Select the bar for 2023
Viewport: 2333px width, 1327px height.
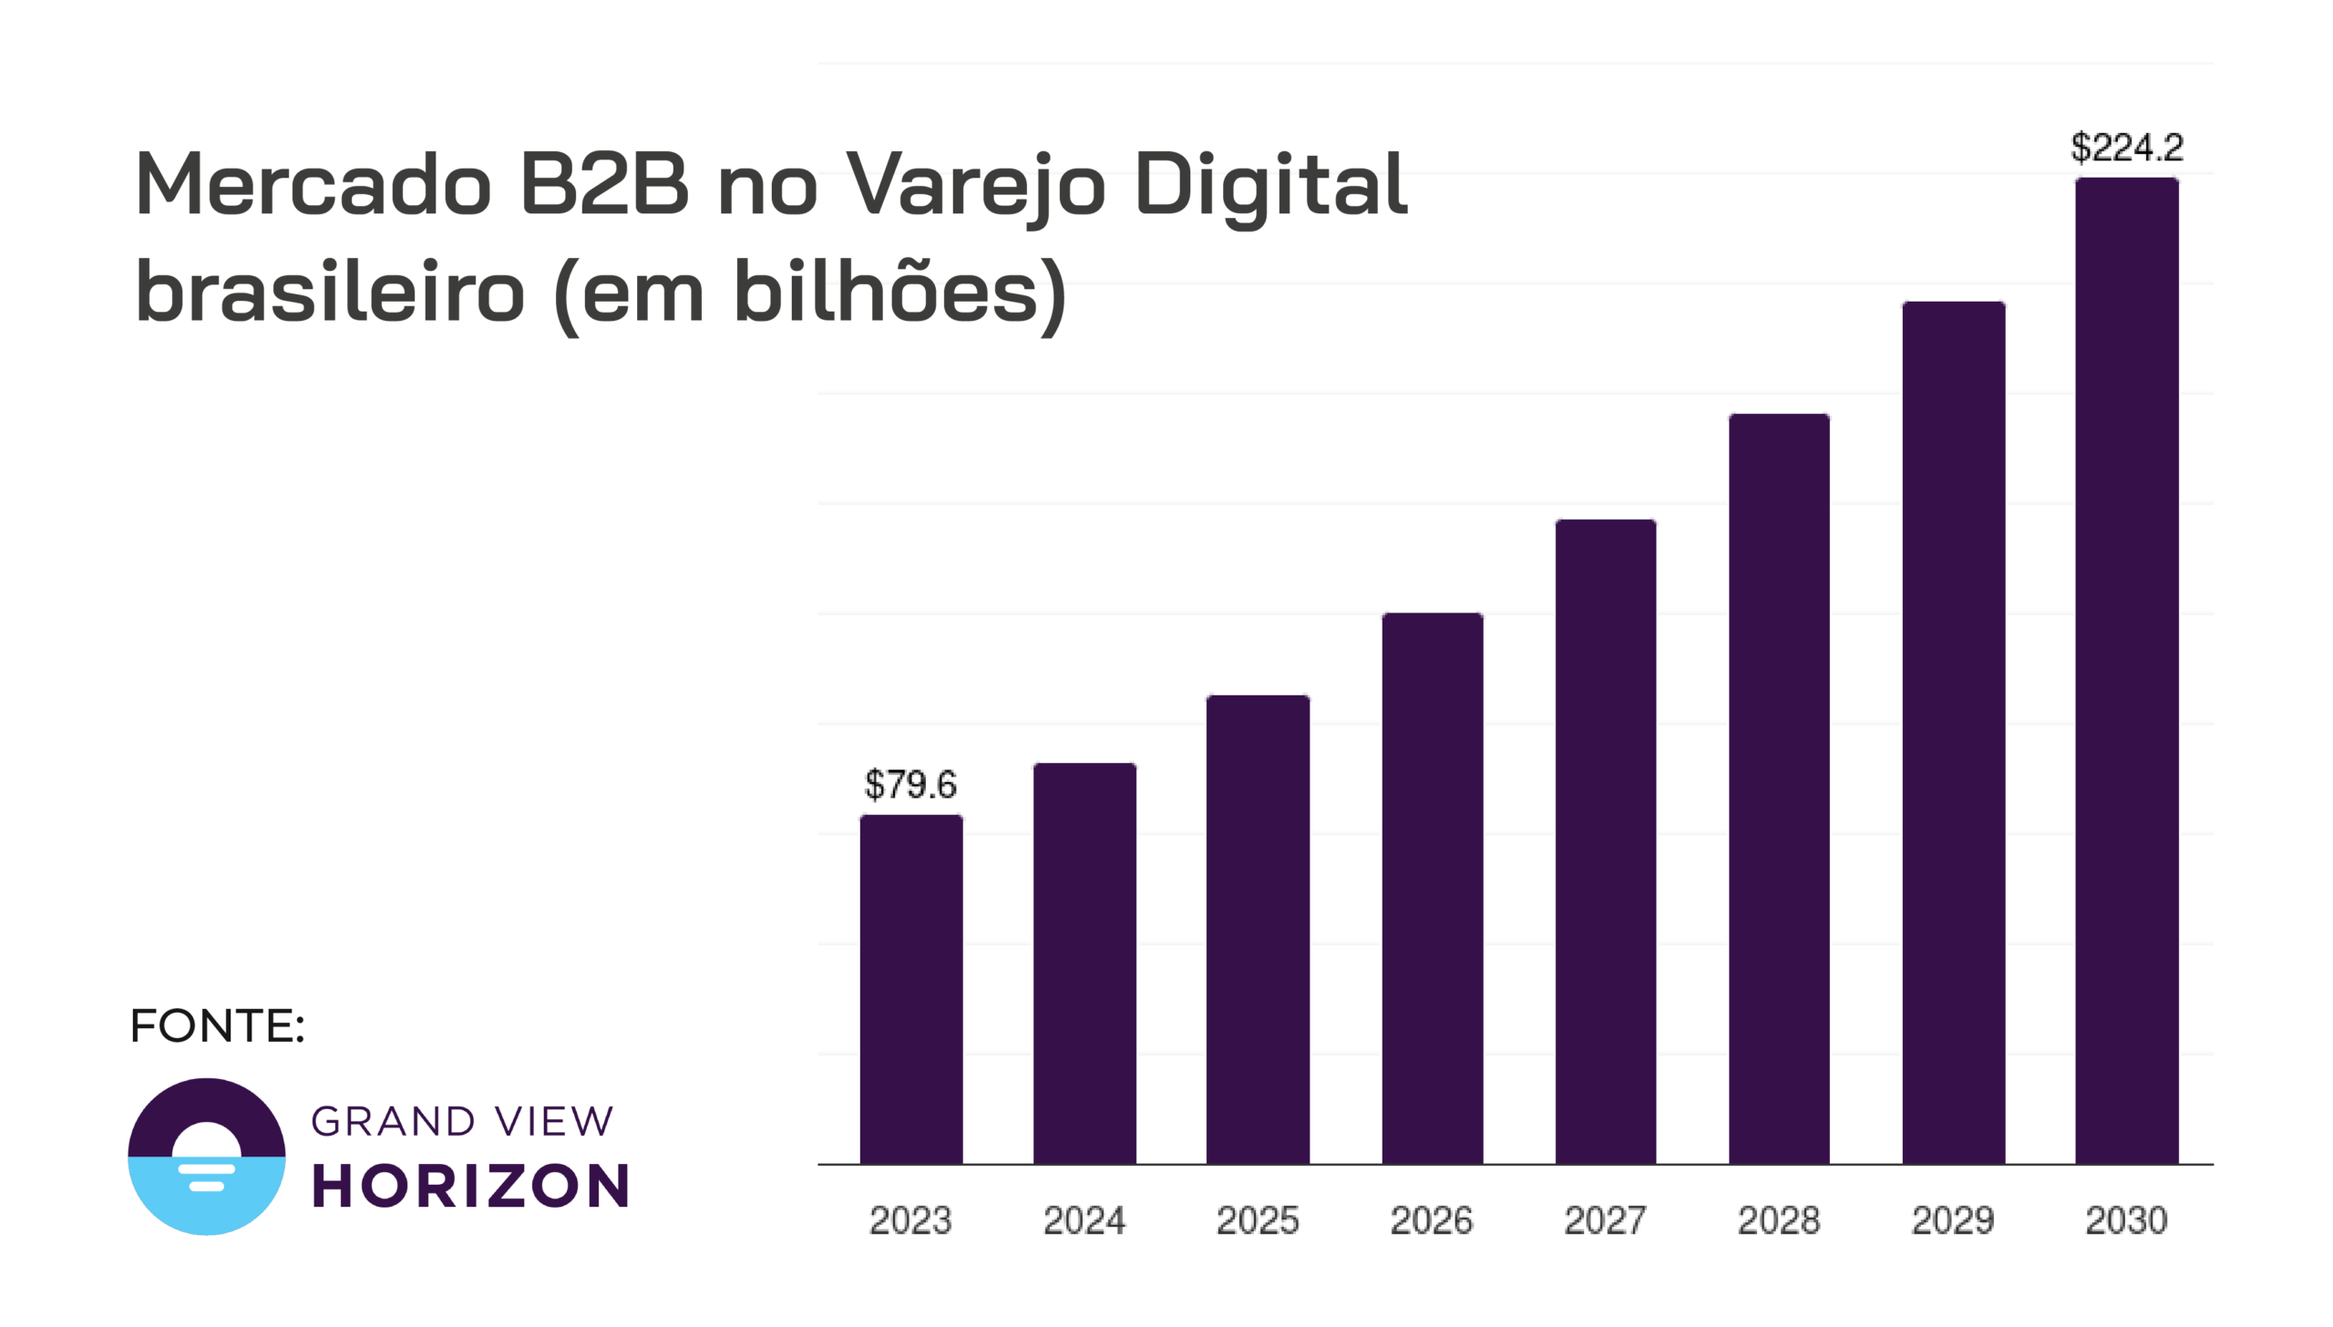[x=910, y=989]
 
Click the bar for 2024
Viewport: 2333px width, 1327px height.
[x=1084, y=963]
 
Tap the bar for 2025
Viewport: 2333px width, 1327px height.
[x=1258, y=930]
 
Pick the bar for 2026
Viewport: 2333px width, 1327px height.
[x=1432, y=889]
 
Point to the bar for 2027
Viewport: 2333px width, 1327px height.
[x=1605, y=841]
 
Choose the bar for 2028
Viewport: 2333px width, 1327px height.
[x=1779, y=788]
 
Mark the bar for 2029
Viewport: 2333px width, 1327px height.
[x=1953, y=732]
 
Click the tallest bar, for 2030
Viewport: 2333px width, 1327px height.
[x=2126, y=670]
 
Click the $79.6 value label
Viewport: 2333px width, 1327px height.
[x=910, y=784]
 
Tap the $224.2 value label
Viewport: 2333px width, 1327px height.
[x=2126, y=148]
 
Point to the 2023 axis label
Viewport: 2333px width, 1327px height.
[x=910, y=1220]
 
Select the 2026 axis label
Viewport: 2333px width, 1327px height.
[x=1432, y=1220]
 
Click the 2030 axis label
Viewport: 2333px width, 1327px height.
[x=2126, y=1220]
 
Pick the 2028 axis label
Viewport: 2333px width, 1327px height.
[x=1779, y=1220]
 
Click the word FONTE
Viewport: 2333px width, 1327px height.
[x=217, y=1026]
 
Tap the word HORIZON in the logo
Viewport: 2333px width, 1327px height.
[x=470, y=1186]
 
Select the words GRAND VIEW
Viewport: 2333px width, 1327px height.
[x=462, y=1122]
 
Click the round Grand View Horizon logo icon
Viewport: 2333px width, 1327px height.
[x=207, y=1157]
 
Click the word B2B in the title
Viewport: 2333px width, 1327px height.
[x=604, y=185]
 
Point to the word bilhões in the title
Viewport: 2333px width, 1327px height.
[x=886, y=292]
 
